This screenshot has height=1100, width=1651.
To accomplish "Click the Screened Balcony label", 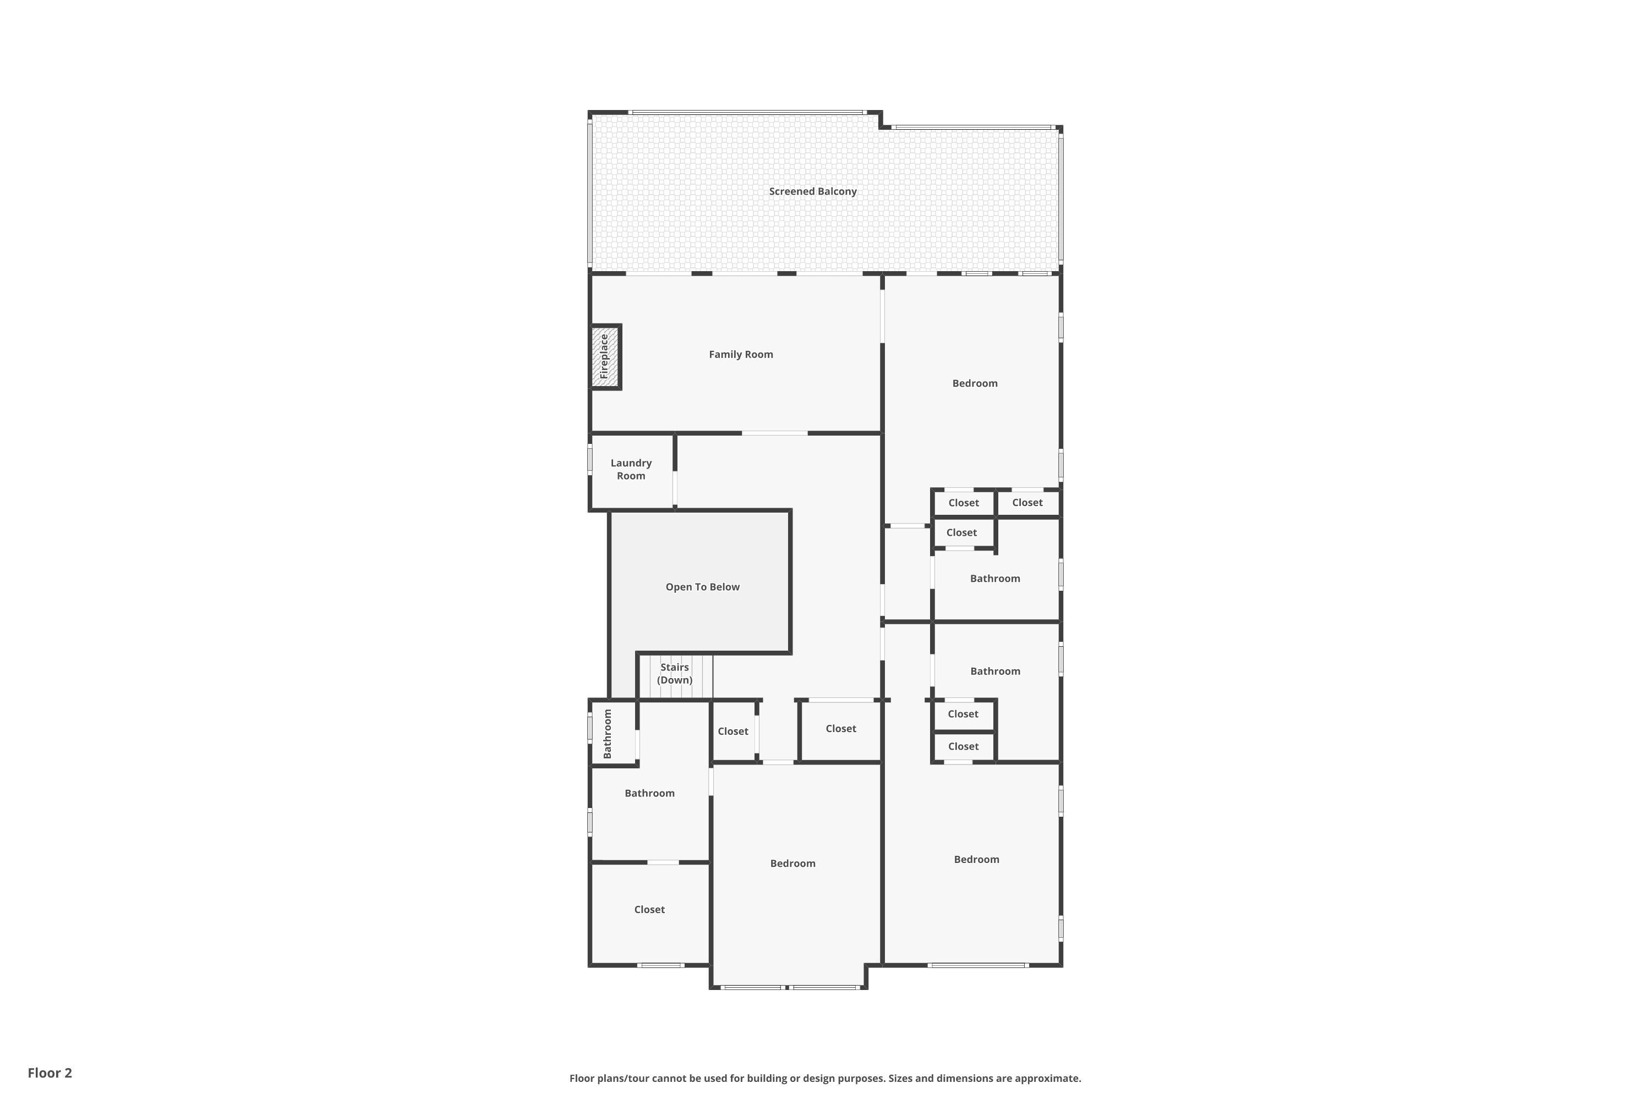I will coord(812,191).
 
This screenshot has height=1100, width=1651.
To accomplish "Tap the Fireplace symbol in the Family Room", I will coord(604,357).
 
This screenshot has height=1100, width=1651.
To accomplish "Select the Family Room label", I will coord(741,354).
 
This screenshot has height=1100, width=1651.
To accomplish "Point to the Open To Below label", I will coord(702,587).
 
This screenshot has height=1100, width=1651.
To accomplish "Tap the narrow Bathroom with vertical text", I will coord(608,734).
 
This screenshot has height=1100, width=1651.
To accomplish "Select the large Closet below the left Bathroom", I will coord(649,909).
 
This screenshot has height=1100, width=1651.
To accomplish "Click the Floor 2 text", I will coord(50,1072).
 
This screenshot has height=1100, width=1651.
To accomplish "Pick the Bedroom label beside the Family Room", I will coord(974,383).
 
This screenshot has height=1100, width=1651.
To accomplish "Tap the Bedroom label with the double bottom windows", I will coord(792,863).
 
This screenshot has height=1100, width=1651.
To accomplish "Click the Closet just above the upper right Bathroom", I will coord(961,532).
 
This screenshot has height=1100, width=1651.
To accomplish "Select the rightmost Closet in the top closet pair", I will coord(1027,502).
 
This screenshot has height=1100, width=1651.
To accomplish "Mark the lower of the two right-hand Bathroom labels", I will coord(994,672).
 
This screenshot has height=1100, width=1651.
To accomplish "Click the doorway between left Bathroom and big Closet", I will coord(663,862).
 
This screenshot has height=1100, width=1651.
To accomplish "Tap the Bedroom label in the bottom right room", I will coord(976,859).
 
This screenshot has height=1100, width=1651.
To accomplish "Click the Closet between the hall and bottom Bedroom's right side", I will coord(840,729).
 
